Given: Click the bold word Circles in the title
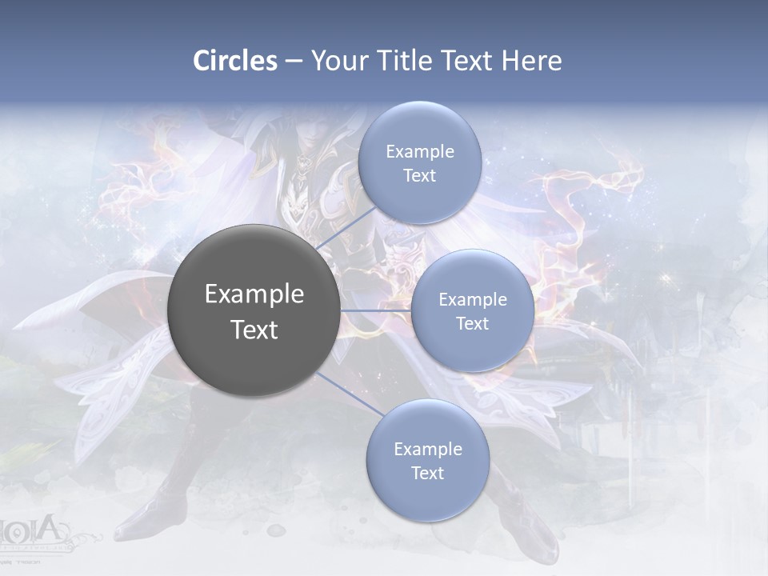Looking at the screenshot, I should coord(235,61).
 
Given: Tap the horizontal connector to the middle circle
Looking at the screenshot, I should coord(375,310).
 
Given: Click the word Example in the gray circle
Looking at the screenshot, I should coord(254,294).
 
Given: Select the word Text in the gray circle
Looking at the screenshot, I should coord(254,330).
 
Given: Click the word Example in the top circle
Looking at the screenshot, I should coord(419,152).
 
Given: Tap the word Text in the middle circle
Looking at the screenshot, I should coord(473,323).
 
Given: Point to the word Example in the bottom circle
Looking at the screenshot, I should coord(427,450).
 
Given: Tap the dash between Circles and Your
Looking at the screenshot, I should coord(294,62).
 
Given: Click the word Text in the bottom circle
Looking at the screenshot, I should coord(427,474).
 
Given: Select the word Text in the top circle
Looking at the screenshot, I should coord(419,176).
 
